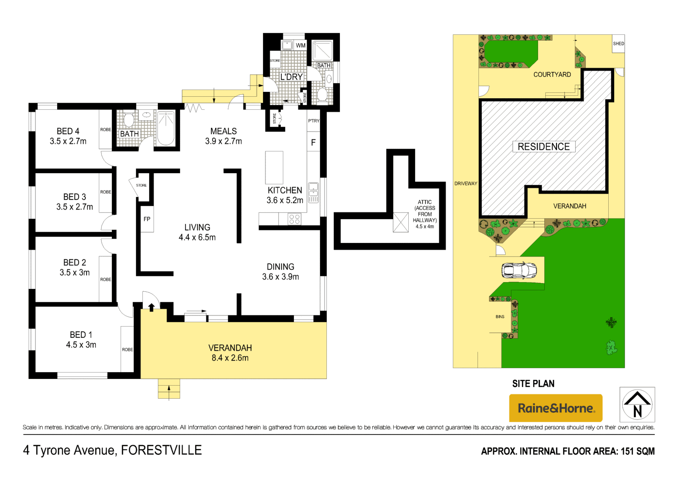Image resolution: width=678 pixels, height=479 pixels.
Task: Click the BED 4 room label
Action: point(68,131)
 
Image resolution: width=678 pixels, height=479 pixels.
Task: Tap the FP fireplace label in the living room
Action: point(147,219)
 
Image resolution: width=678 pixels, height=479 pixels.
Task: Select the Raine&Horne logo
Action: point(555,408)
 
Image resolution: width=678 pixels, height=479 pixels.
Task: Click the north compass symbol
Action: point(637,404)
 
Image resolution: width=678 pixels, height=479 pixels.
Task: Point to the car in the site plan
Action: point(519,270)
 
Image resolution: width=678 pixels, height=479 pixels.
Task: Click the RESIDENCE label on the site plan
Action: point(543,147)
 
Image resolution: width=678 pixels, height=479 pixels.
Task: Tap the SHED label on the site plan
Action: point(618,44)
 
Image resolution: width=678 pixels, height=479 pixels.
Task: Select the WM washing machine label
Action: point(301,45)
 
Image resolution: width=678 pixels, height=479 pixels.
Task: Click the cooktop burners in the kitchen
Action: point(294,219)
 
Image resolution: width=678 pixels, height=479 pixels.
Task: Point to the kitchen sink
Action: point(313,192)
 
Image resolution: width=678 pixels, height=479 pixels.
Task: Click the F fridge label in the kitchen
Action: point(313,143)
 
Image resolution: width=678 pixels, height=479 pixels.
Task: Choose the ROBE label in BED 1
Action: point(127,349)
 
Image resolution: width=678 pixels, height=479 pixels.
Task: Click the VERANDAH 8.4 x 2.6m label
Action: point(230,353)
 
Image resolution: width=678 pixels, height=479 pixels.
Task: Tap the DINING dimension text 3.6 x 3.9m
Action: point(280,277)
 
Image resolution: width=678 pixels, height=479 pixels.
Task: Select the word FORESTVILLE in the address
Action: point(161,450)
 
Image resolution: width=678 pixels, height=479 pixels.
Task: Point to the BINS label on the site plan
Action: point(500,317)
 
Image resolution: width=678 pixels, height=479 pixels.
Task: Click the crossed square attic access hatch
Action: point(401,223)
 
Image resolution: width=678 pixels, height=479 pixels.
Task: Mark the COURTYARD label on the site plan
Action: point(552,75)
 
